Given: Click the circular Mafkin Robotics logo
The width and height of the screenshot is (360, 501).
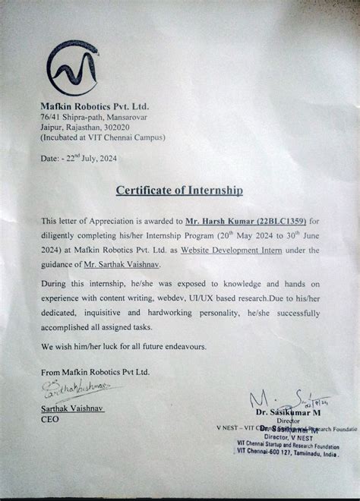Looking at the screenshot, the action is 72,70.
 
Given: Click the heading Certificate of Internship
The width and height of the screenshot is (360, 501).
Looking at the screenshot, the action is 179,189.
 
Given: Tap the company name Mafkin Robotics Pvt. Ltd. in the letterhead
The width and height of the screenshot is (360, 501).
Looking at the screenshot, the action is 95,108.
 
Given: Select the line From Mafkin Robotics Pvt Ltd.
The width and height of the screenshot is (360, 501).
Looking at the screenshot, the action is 95,372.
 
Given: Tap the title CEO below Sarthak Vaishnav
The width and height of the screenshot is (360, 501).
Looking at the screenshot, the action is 50,418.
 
